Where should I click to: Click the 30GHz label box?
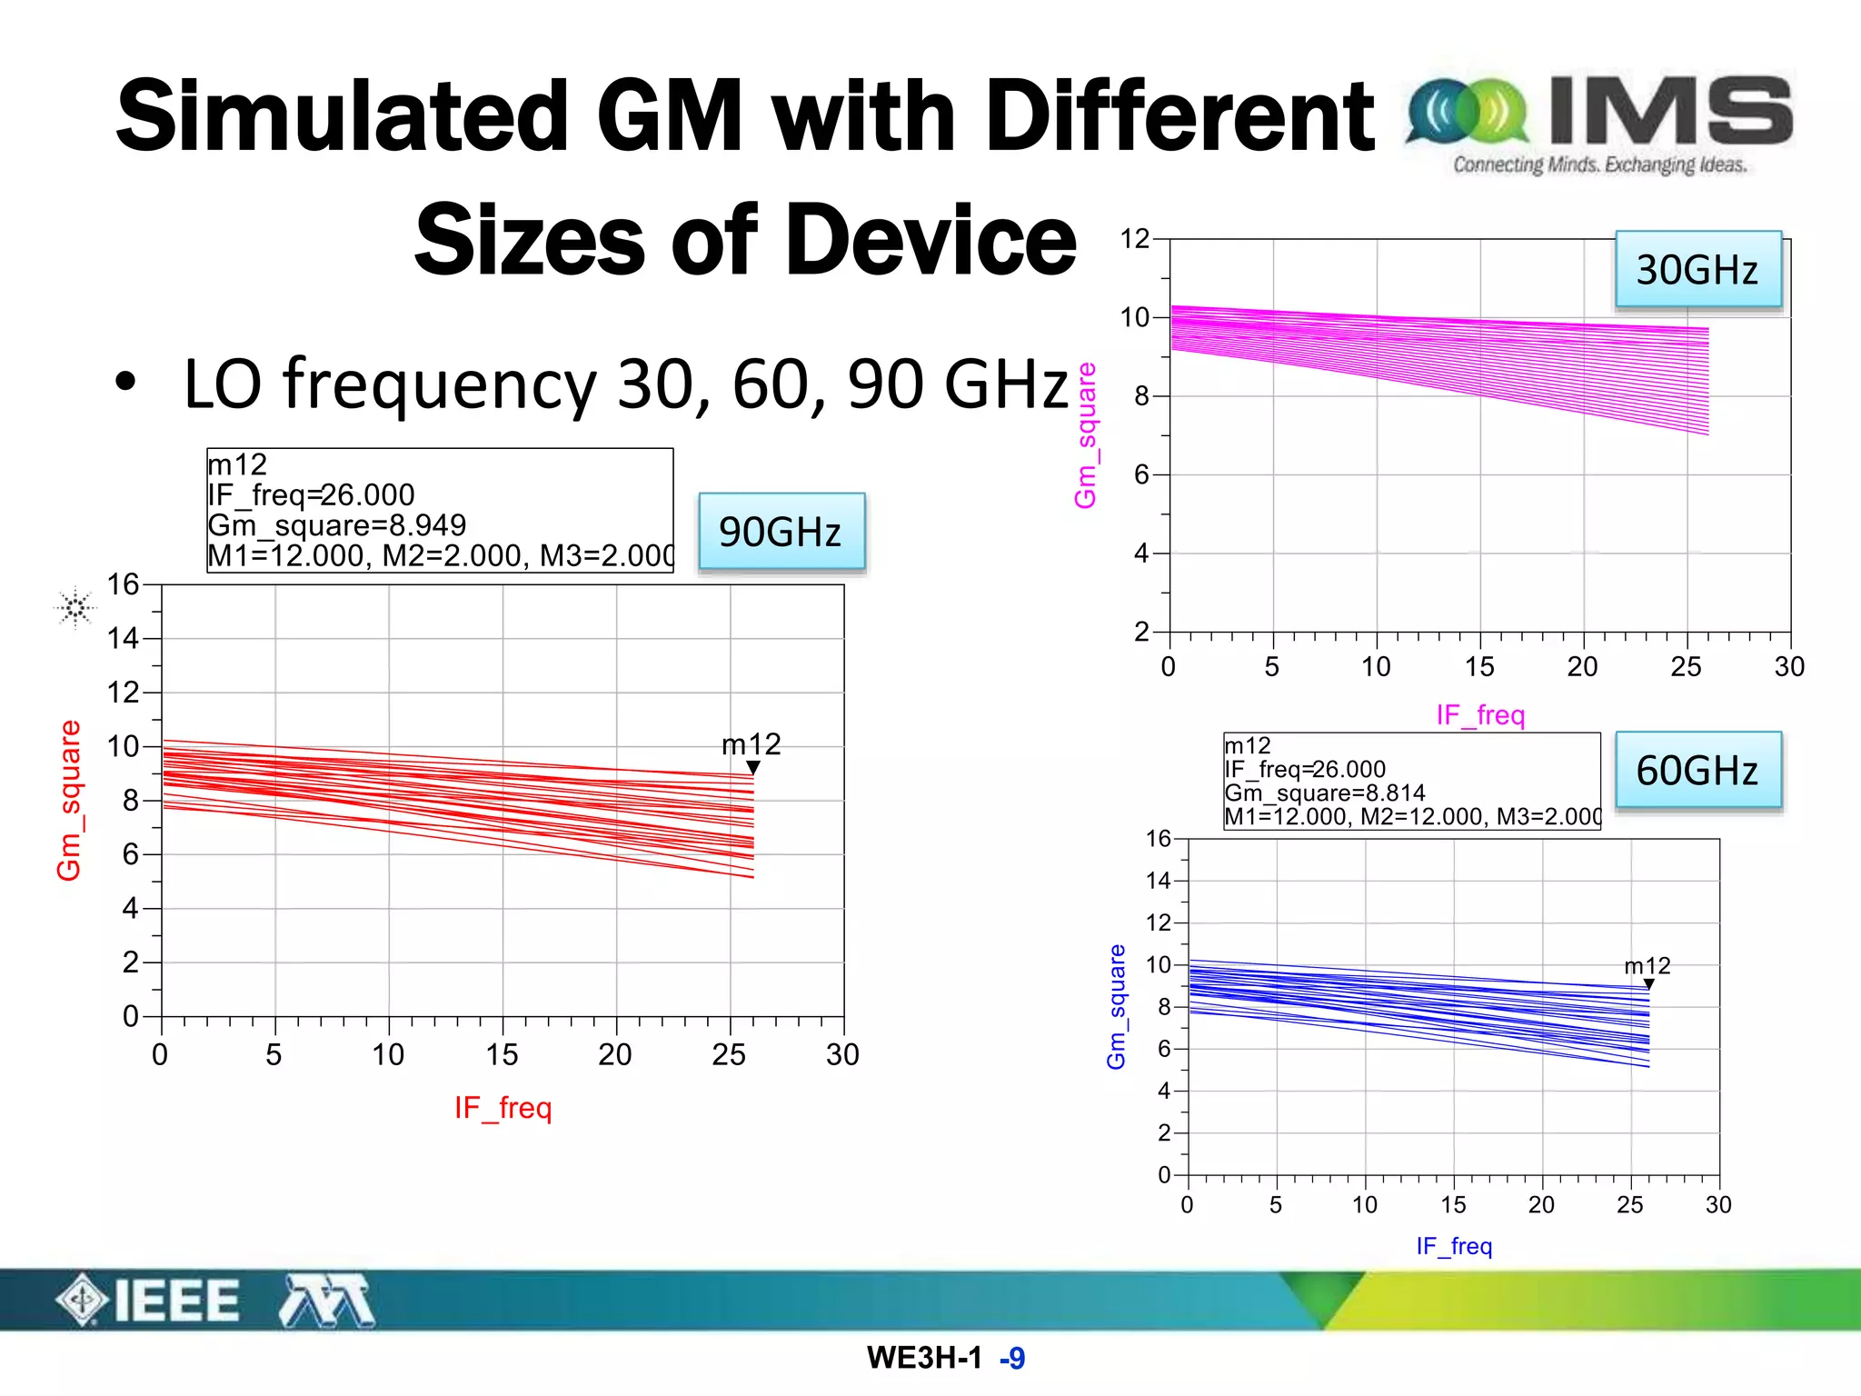(1697, 270)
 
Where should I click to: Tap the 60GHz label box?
(1697, 771)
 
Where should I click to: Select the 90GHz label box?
(781, 532)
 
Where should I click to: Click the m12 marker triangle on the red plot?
(752, 768)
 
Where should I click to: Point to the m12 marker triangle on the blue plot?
(1648, 984)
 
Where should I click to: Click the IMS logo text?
(1670, 111)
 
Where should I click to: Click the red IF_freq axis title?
(503, 1108)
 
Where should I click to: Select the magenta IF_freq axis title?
(1479, 715)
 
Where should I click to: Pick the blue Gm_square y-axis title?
(1116, 1006)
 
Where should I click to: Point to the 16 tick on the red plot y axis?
(123, 584)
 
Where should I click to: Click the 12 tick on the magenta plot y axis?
(1135, 239)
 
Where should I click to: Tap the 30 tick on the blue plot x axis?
(1717, 1205)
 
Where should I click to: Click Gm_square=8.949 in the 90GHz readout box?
(336, 525)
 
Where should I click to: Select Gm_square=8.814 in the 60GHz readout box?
(1324, 793)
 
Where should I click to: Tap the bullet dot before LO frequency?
(125, 384)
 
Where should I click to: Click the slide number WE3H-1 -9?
(945, 1358)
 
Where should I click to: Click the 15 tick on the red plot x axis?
(502, 1054)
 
